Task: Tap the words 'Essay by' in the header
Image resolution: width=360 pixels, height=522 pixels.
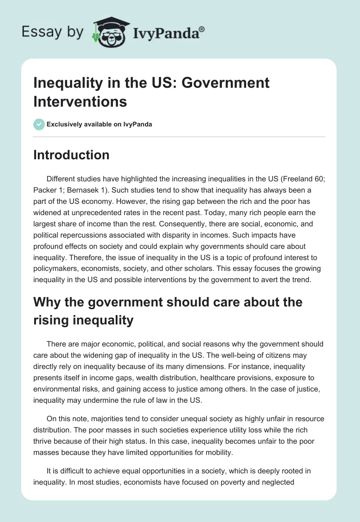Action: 52,32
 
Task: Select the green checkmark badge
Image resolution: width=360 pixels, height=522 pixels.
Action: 39,124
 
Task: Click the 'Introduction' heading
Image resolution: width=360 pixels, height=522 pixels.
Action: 71,155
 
